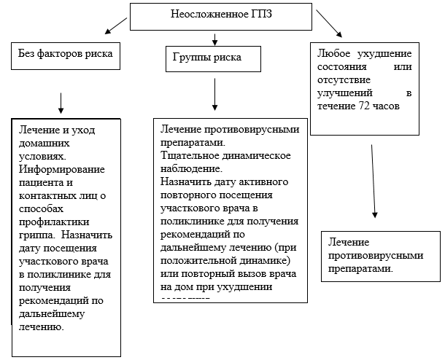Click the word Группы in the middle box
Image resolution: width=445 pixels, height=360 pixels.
coord(192,56)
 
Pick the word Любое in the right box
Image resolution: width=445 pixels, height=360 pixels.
coord(334,54)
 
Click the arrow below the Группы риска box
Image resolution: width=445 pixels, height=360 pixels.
coord(215,94)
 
